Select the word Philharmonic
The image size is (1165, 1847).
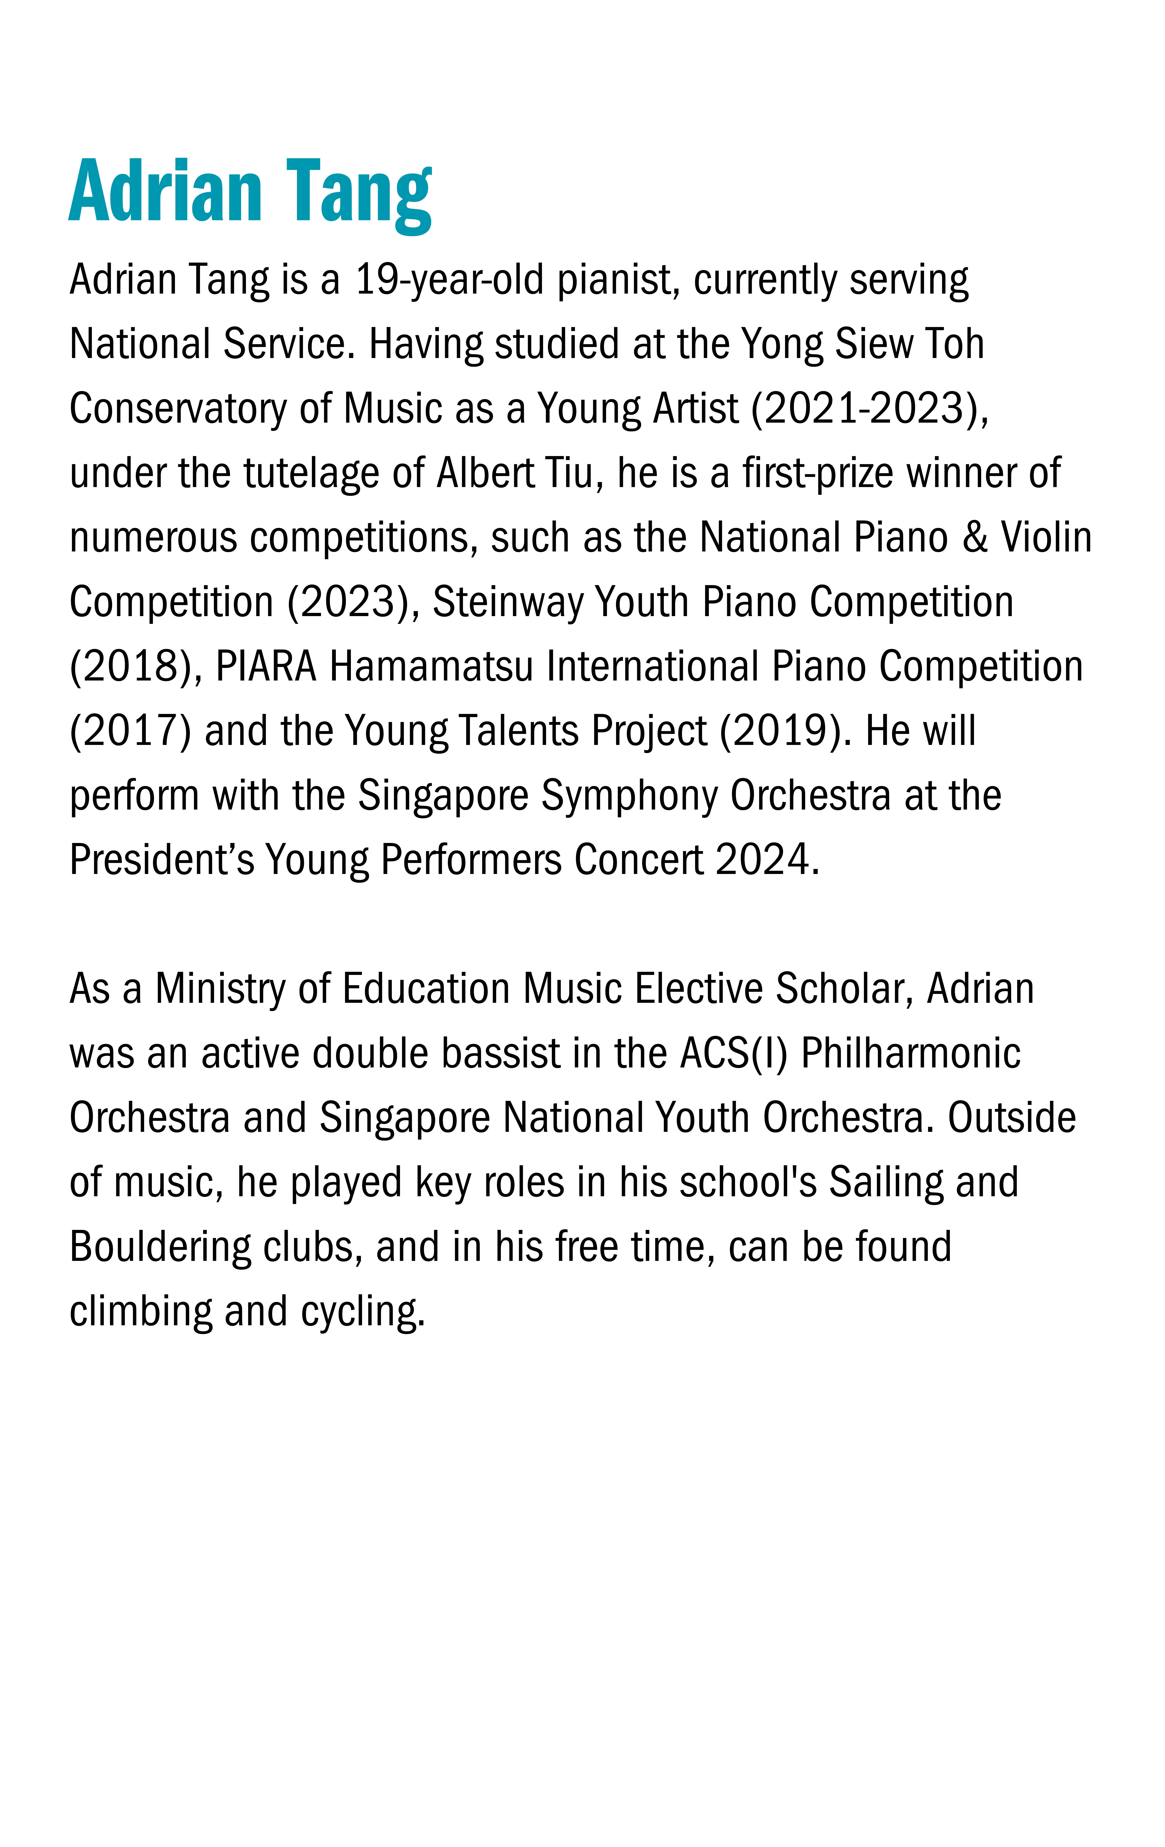[910, 1054]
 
